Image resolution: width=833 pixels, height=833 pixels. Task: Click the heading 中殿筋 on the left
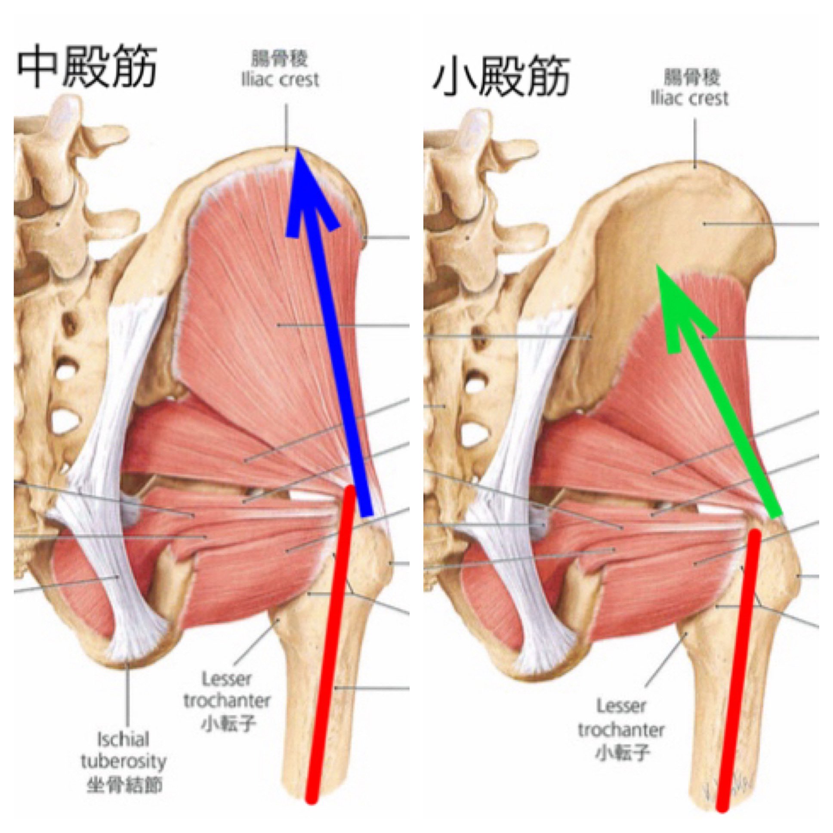(x=86, y=68)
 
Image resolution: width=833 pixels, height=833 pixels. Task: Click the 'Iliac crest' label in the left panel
(x=280, y=80)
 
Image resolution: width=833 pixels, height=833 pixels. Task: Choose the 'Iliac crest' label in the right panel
(x=689, y=99)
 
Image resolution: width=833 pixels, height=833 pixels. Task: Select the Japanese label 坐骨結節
(x=125, y=786)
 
